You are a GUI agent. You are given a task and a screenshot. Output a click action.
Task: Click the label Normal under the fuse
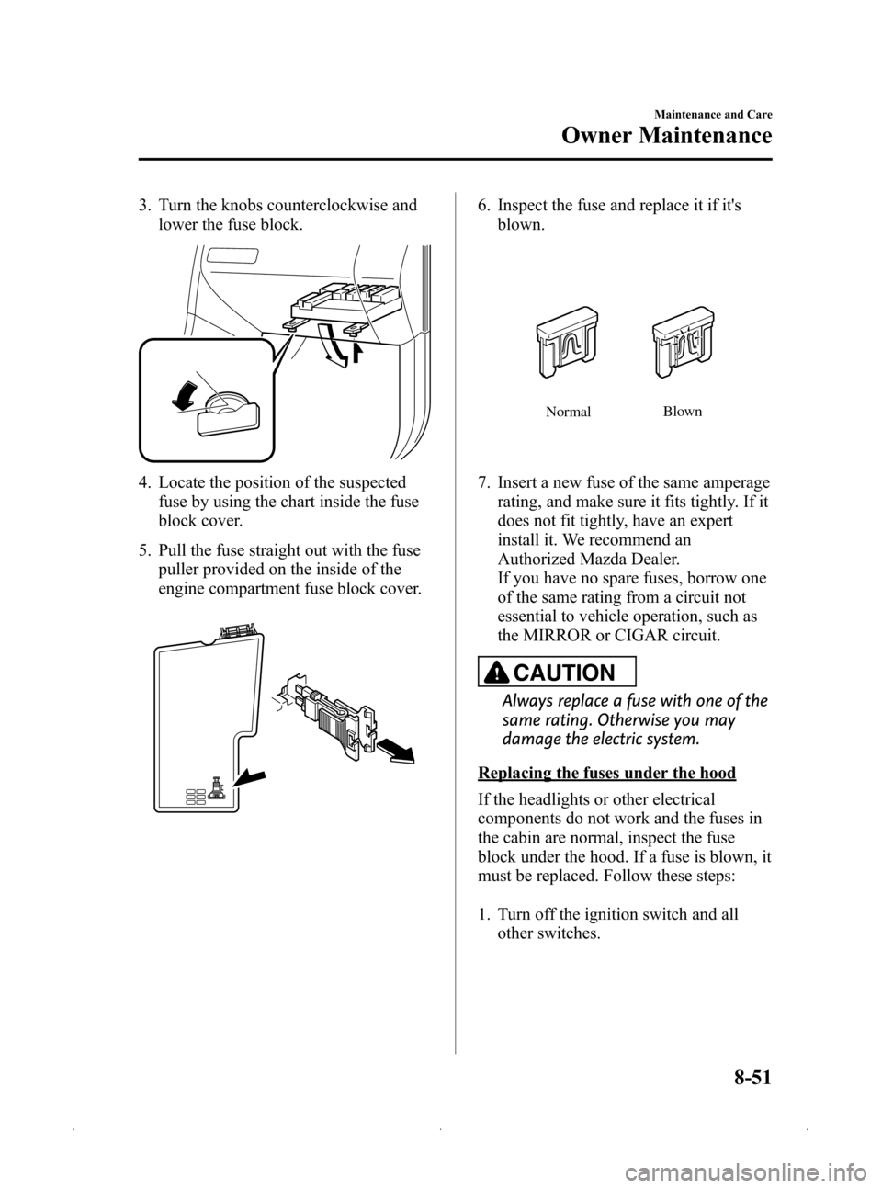pos(568,413)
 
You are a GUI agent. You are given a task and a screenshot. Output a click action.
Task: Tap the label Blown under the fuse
pos(683,412)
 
